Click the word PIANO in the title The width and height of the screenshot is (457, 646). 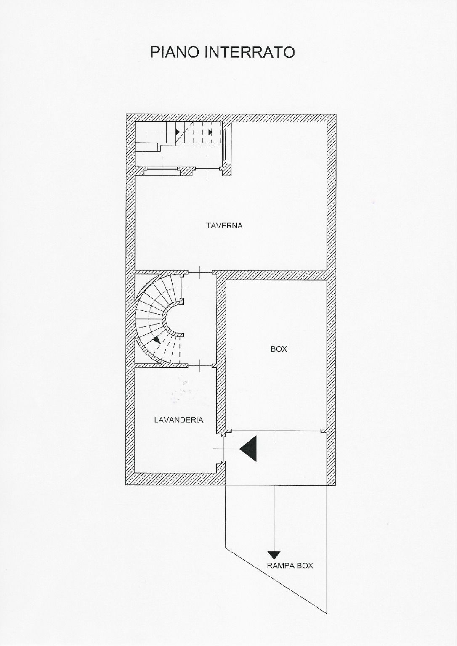pyautogui.click(x=174, y=52)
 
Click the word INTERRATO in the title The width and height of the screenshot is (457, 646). pyautogui.click(x=250, y=52)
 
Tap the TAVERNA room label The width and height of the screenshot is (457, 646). pyautogui.click(x=224, y=225)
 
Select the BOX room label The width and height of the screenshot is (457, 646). pyautogui.click(x=279, y=349)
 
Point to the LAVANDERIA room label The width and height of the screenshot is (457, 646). pyautogui.click(x=179, y=420)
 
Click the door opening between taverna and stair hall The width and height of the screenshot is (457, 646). pyautogui.click(x=200, y=273)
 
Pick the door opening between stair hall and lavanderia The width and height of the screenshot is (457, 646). pyautogui.click(x=200, y=365)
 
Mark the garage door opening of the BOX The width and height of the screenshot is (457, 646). pyautogui.click(x=276, y=431)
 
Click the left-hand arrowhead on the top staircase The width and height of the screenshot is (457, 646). pyautogui.click(x=178, y=132)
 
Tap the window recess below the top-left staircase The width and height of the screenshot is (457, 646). pyautogui.click(x=163, y=171)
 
